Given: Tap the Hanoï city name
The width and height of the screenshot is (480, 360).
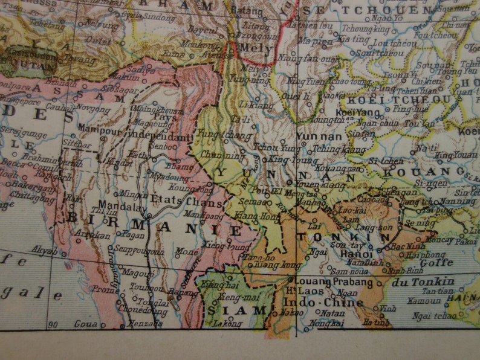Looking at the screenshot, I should pyautogui.click(x=344, y=255).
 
